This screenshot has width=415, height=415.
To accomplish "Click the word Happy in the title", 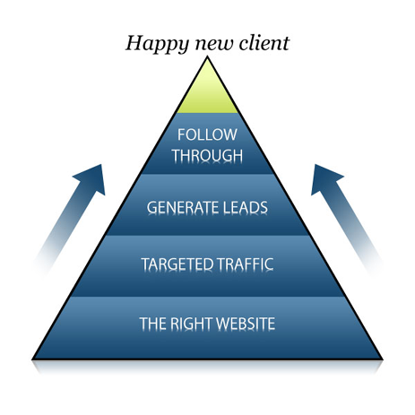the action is (x=157, y=44).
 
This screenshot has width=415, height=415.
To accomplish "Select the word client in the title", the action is (x=264, y=43).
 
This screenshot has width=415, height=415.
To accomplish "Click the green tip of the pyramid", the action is (x=207, y=90).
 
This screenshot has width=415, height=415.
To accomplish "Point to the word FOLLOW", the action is (x=207, y=134).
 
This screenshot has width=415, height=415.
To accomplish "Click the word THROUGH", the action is (x=207, y=155).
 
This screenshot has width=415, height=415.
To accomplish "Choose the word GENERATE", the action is (x=182, y=207).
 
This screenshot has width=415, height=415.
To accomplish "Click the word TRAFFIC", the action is (x=245, y=264).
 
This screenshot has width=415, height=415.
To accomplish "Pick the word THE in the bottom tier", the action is (x=151, y=324).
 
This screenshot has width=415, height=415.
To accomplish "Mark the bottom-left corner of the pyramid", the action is (x=33, y=359).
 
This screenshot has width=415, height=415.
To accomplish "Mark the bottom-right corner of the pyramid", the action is (x=382, y=359).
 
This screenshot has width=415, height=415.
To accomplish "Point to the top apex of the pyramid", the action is (x=207, y=57).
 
